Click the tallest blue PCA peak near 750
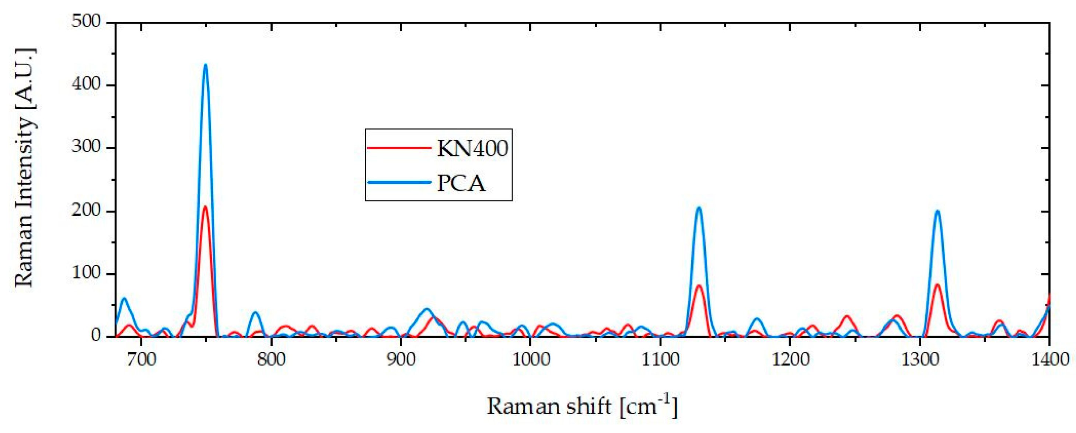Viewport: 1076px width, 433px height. pyautogui.click(x=205, y=65)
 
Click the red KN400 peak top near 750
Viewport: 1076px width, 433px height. pyautogui.click(x=205, y=207)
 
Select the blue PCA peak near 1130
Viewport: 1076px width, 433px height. pyautogui.click(x=698, y=208)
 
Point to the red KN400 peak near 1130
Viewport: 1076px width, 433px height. pyautogui.click(x=698, y=286)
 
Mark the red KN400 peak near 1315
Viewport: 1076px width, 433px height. pyautogui.click(x=937, y=285)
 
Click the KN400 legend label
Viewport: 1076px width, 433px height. pyautogui.click(x=472, y=148)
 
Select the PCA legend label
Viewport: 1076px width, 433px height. pyautogui.click(x=461, y=183)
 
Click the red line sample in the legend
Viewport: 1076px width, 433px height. pyautogui.click(x=399, y=148)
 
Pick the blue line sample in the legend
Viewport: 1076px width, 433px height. pyautogui.click(x=399, y=182)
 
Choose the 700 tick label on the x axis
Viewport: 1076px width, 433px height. pyautogui.click(x=142, y=360)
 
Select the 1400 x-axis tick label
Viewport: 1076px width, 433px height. pyautogui.click(x=1048, y=360)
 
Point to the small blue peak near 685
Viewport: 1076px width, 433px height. pyautogui.click(x=124, y=298)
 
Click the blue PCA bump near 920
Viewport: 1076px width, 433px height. pyautogui.click(x=426, y=309)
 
